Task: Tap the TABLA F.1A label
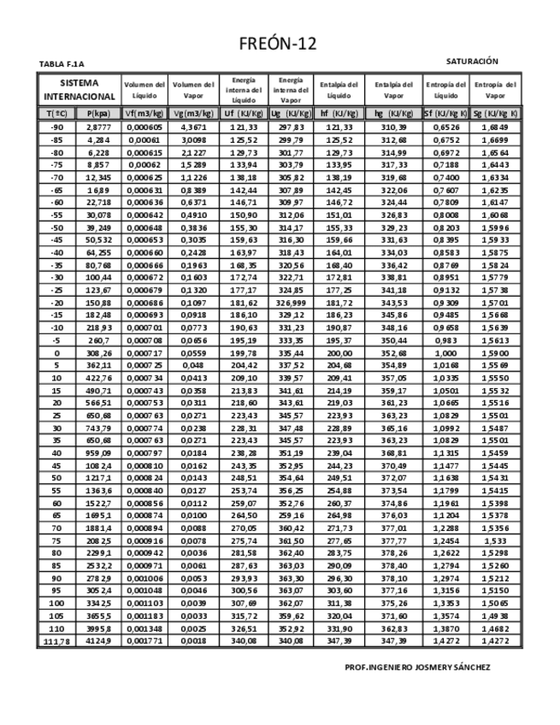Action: tap(62, 64)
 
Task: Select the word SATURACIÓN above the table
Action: tap(472, 62)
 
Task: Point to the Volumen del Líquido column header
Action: tap(144, 90)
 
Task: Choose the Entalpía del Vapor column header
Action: tap(393, 90)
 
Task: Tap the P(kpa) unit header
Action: tap(99, 113)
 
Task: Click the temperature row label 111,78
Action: tap(56, 641)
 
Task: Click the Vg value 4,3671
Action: tap(193, 127)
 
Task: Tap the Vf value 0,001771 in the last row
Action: tap(144, 641)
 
